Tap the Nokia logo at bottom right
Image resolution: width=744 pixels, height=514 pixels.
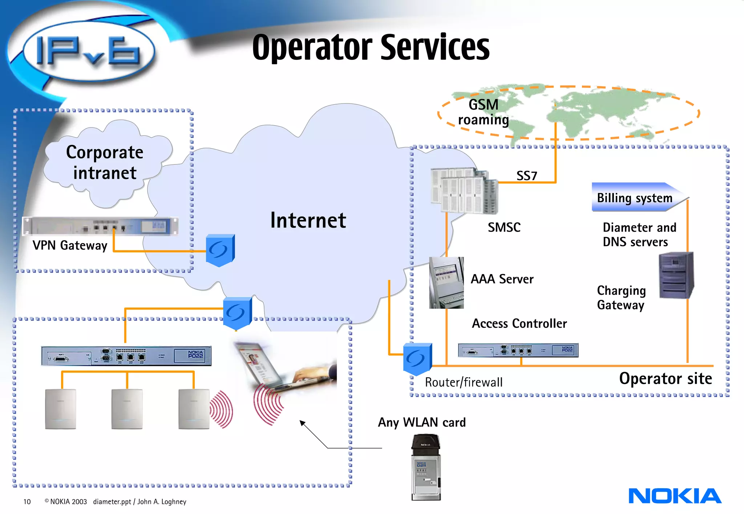coord(675,496)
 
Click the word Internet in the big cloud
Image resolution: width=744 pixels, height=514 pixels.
coord(308,220)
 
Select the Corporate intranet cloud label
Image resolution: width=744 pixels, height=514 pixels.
coord(105,162)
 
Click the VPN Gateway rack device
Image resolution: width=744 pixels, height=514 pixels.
coord(100,226)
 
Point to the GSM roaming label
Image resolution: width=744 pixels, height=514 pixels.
coord(483,112)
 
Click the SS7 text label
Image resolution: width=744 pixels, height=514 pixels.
coord(526,176)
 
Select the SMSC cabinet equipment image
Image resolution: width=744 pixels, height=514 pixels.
coord(464,191)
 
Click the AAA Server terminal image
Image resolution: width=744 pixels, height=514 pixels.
coord(446,283)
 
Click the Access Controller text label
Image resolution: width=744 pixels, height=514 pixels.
coord(519,323)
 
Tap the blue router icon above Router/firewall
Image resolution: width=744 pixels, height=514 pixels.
coord(417,359)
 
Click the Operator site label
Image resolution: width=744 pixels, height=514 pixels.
coord(665,379)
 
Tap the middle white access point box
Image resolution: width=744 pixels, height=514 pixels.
coord(127,409)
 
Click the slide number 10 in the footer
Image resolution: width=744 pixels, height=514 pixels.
coord(27,502)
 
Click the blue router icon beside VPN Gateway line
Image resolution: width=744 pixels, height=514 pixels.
coord(220,250)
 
